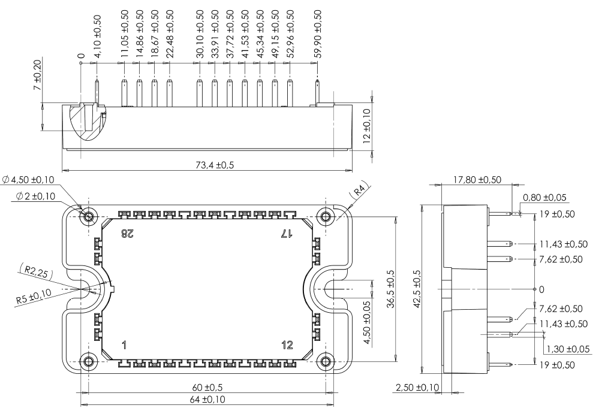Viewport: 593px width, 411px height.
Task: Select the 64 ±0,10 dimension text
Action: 204,400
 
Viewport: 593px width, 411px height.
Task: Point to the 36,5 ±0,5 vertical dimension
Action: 390,288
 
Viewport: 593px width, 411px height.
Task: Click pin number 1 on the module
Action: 125,344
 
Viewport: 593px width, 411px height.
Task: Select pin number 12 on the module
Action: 287,344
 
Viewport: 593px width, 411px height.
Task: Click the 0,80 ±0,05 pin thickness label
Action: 545,197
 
